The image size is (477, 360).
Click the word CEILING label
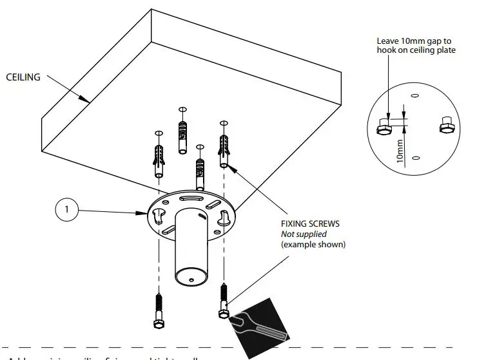tap(23, 77)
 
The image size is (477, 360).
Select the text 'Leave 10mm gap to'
tap(414, 41)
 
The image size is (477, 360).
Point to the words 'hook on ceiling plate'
tap(416, 50)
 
